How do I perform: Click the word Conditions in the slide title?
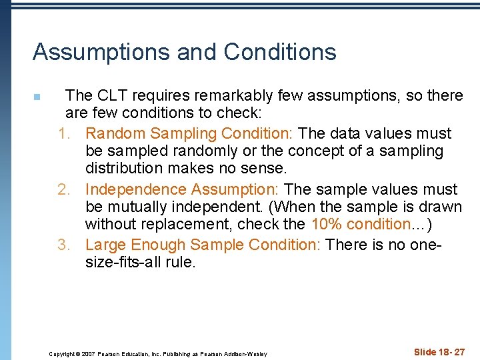280,52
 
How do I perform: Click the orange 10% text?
324,225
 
